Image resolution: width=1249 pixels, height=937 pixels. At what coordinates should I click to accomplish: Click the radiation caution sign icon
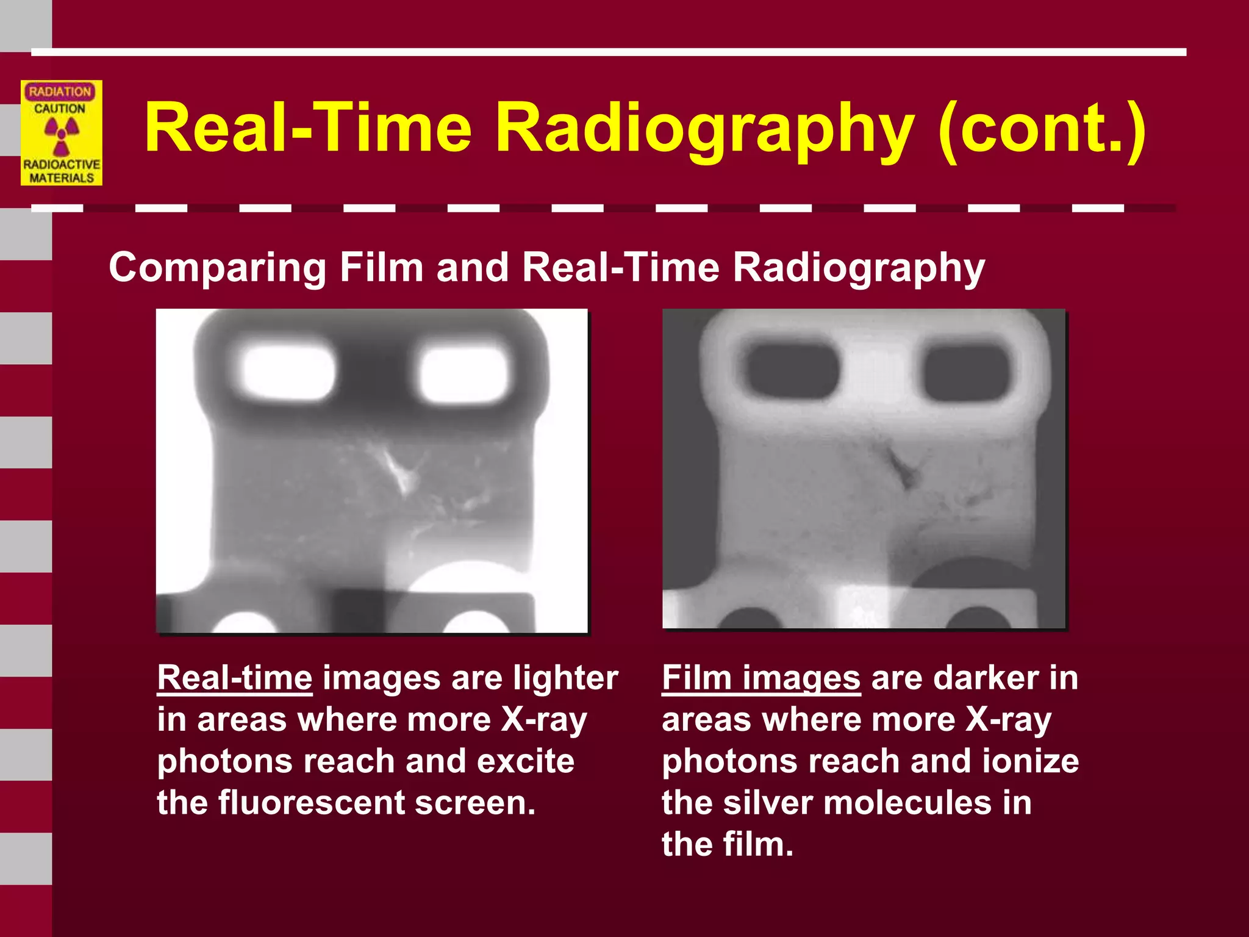tap(62, 132)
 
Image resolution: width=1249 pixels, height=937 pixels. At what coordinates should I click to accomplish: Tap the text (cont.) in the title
tap(1042, 129)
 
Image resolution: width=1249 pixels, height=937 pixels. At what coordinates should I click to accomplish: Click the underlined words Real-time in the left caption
tap(235, 678)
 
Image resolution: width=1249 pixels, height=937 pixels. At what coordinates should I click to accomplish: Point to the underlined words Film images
tap(761, 678)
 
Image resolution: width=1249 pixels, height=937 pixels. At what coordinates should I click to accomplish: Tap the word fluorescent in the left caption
tap(311, 802)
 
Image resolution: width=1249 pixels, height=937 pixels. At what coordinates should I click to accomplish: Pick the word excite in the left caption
tap(525, 761)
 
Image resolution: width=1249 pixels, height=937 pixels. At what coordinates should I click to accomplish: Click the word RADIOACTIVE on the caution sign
tap(62, 165)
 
